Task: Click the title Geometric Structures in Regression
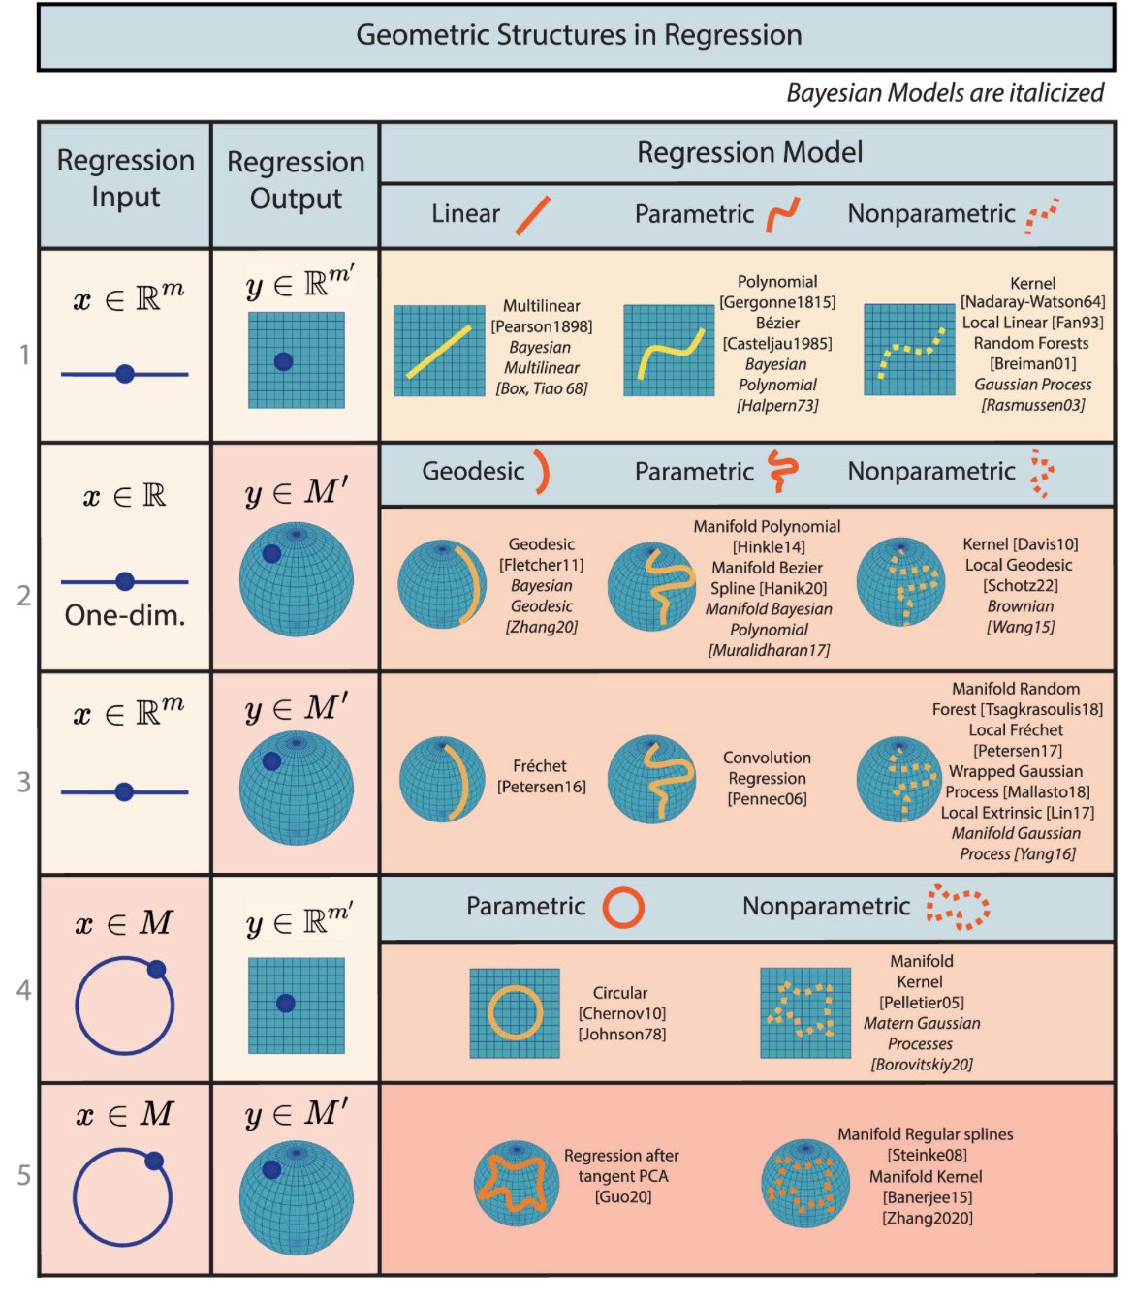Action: coord(579,36)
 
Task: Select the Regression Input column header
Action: coord(125,178)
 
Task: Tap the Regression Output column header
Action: coord(296,180)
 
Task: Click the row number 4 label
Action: coord(23,990)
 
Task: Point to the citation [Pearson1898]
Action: coord(541,326)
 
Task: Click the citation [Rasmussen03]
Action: coord(1032,405)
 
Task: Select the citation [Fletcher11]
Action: coord(541,565)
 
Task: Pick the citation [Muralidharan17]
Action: coord(769,650)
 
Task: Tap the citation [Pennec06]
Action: coord(767,798)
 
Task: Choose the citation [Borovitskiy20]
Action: coord(921,1065)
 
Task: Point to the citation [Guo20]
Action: coord(622,1196)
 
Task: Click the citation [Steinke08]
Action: coord(927,1155)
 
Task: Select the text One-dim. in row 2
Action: coord(125,615)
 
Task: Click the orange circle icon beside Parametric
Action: coord(622,908)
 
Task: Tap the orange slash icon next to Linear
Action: coord(532,214)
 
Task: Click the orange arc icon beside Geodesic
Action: coord(540,471)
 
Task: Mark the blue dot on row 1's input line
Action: coord(124,374)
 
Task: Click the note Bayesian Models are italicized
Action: coord(944,93)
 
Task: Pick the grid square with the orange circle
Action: coord(515,1013)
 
